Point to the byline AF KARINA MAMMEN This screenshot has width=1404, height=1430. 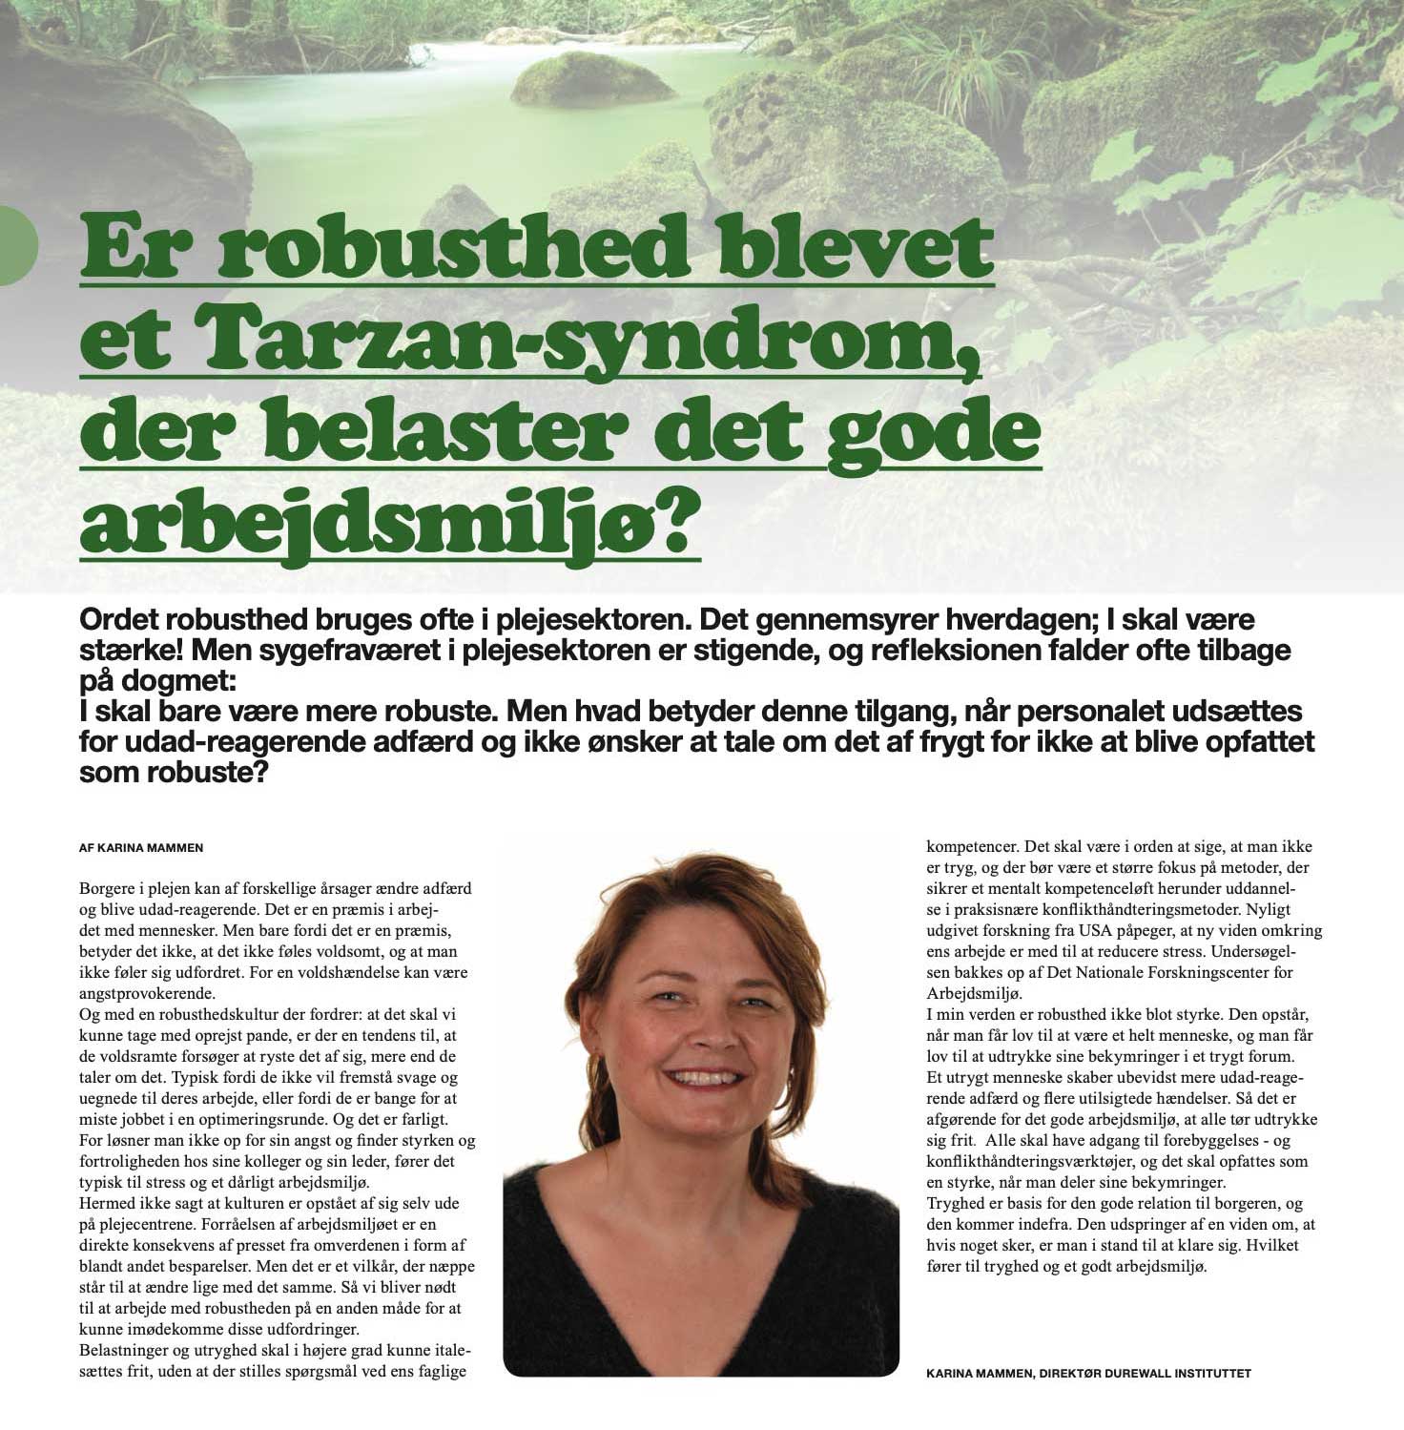pyautogui.click(x=141, y=847)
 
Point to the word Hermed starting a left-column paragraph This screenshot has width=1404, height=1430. pyautogui.click(x=110, y=1203)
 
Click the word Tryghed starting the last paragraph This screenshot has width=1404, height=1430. pyautogui.click(x=959, y=1203)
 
